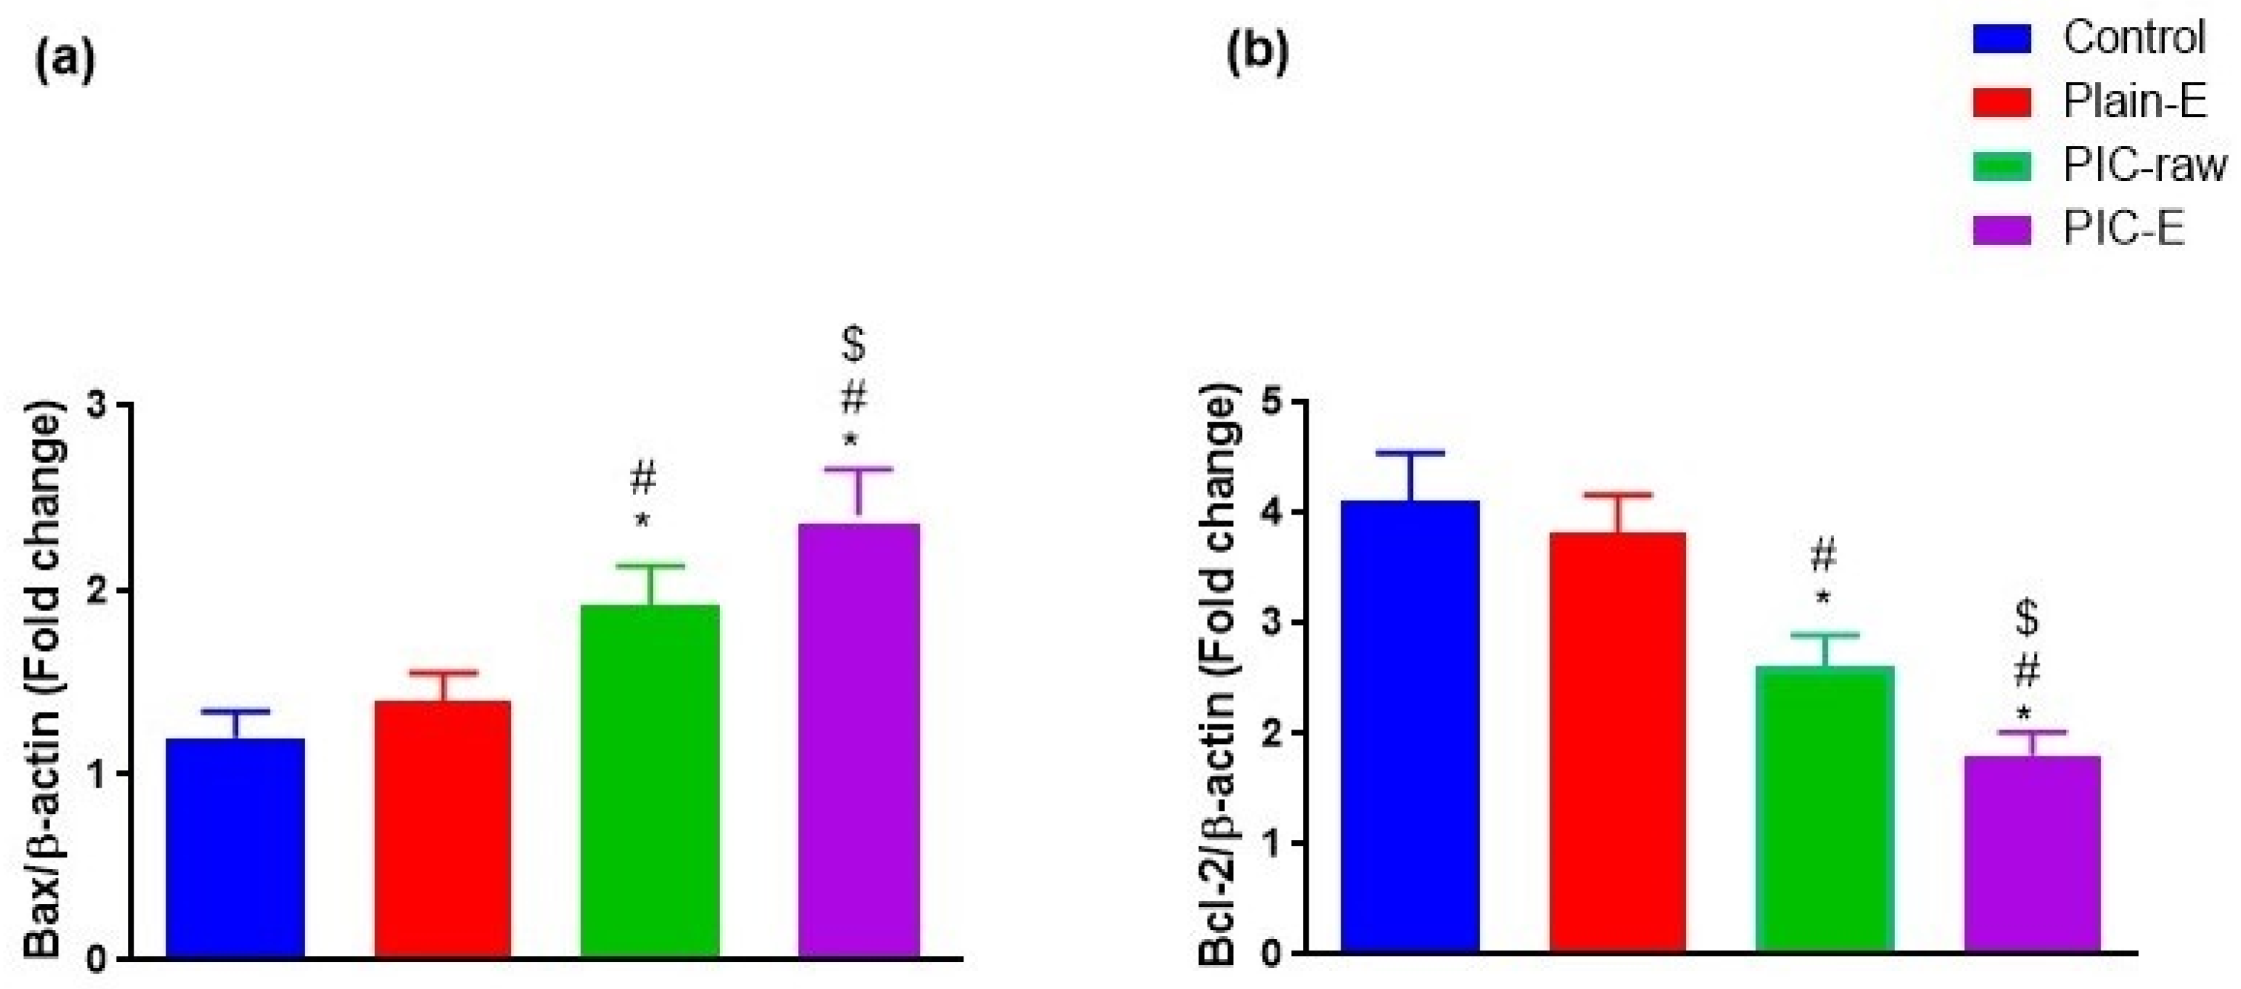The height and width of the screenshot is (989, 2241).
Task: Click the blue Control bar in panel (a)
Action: pos(235,848)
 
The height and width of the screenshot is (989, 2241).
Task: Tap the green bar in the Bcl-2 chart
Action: pos(1825,809)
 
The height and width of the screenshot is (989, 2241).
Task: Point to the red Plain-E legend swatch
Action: pos(2001,102)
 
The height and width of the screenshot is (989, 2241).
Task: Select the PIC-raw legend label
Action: pos(2144,165)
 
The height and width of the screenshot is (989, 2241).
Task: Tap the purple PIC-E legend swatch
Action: pos(2001,230)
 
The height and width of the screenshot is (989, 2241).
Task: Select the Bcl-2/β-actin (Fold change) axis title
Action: pos(1218,679)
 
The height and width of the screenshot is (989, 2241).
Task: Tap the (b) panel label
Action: pos(1257,54)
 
